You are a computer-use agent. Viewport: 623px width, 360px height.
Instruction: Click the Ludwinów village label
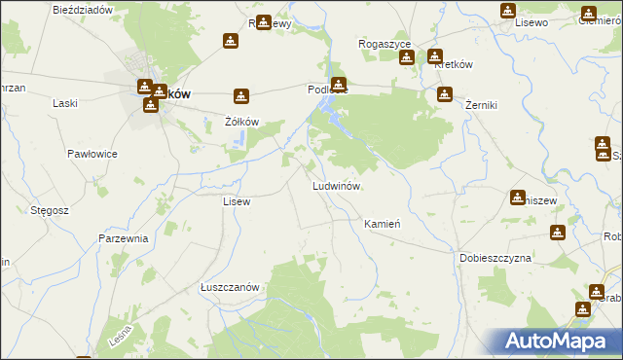pos(337,185)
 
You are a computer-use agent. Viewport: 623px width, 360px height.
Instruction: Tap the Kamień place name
pos(382,224)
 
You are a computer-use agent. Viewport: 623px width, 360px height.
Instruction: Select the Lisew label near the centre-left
pos(237,201)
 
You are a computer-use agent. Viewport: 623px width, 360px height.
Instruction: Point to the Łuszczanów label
pos(229,287)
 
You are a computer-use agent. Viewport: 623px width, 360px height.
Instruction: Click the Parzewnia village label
pos(123,237)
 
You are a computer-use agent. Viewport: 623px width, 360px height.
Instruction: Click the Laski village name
pos(65,103)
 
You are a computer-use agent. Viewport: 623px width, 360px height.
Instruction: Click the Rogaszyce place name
pos(385,45)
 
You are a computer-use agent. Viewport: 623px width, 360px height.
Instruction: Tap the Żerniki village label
pos(481,103)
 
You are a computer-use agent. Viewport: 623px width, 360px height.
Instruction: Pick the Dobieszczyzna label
pos(495,258)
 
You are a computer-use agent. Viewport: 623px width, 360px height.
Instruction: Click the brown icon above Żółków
pos(241,96)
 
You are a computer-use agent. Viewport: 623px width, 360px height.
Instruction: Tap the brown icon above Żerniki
pos(445,94)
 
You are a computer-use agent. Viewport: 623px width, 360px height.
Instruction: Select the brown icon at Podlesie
pos(338,84)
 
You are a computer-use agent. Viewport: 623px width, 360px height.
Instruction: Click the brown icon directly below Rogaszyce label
pos(406,57)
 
